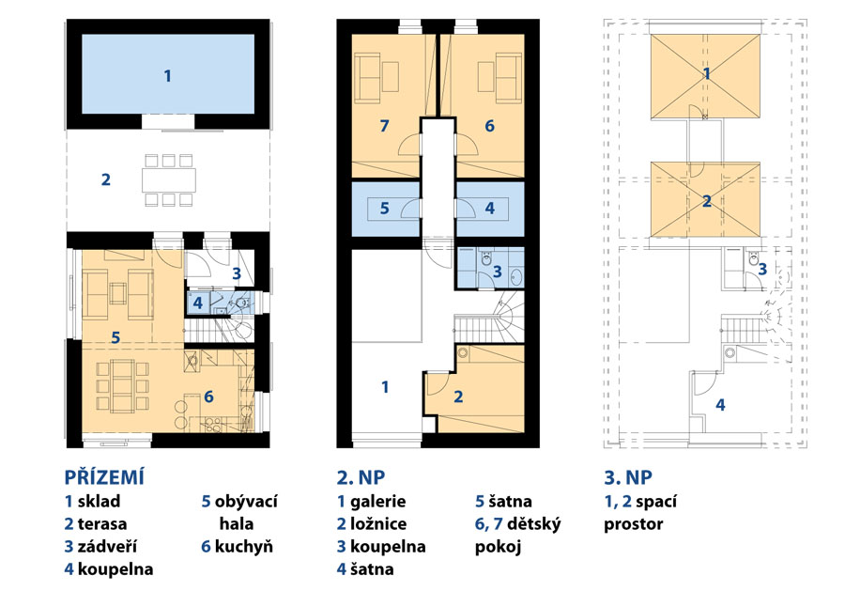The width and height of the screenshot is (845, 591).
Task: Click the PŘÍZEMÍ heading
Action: pos(104,477)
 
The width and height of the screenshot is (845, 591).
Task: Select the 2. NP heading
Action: pos(361,477)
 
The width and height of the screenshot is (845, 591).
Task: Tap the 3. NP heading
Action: pos(628,477)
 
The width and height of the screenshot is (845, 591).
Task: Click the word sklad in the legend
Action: pos(99,501)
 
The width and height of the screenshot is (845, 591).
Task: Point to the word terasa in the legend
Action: pos(102,523)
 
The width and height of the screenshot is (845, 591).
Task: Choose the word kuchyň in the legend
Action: pos(243,546)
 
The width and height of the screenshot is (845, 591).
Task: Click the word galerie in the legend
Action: pos(377,501)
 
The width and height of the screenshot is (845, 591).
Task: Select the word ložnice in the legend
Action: pos(378,523)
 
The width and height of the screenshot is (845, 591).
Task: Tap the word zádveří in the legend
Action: pos(107,546)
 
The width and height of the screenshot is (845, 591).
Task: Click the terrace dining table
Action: pos(169,179)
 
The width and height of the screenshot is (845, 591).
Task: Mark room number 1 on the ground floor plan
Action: pos(168,76)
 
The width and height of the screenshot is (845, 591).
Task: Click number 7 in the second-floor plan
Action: pos(384,126)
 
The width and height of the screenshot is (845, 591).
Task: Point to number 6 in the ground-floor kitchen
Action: pos(208,397)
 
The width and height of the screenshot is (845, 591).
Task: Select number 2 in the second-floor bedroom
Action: pos(458,397)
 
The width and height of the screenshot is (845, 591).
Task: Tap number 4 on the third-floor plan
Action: pos(720,404)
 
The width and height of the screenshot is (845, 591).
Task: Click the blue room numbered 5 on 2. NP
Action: pos(385,209)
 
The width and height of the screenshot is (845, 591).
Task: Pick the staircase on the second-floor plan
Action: pos(488,319)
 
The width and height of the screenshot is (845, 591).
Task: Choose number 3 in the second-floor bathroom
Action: pos(497,272)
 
